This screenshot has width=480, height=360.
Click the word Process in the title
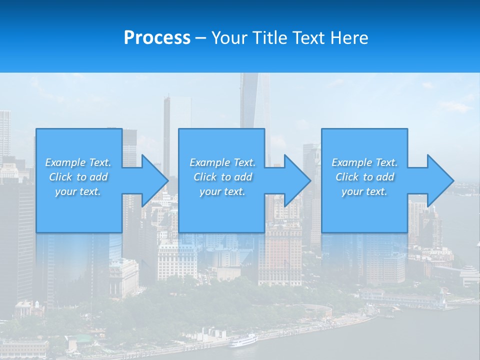tap(157, 38)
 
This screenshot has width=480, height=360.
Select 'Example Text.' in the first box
tap(78, 162)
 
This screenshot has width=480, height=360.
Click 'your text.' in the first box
tap(78, 191)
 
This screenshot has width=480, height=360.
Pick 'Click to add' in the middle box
tap(222, 177)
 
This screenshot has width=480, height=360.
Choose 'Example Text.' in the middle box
tap(222, 162)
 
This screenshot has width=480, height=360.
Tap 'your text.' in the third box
tap(364, 191)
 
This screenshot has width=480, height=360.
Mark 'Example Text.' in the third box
tap(364, 162)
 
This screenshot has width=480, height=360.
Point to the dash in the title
tap(201, 38)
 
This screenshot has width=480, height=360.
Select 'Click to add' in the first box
tap(78, 177)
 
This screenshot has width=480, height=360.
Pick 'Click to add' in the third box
tap(364, 177)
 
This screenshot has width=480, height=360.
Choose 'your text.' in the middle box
tap(222, 191)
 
